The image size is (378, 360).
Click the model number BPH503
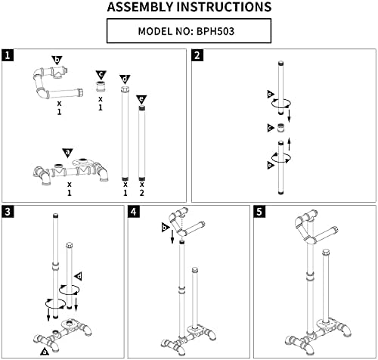[x=215, y=31]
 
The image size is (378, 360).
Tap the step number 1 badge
[x=8, y=55]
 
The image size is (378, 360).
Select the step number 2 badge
[x=197, y=55]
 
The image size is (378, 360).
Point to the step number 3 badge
[x=8, y=212]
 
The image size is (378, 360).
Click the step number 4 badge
[x=134, y=212]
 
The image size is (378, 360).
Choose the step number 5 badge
[x=259, y=212]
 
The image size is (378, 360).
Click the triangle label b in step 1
[x=57, y=61]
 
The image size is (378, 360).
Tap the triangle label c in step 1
[x=101, y=75]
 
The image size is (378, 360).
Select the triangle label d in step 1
[x=125, y=79]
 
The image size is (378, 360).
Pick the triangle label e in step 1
[x=141, y=100]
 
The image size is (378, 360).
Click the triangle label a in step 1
[x=67, y=153]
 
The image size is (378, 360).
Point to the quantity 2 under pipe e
[x=142, y=193]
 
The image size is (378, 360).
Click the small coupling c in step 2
[x=280, y=128]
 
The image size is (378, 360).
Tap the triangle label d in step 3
[x=79, y=277]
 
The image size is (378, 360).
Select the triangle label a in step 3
[x=45, y=351]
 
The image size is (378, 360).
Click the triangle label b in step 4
[x=165, y=228]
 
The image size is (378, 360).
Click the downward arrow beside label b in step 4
[x=172, y=237]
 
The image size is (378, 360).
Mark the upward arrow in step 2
[x=290, y=144]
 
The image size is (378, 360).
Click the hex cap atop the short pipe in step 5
[x=326, y=252]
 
